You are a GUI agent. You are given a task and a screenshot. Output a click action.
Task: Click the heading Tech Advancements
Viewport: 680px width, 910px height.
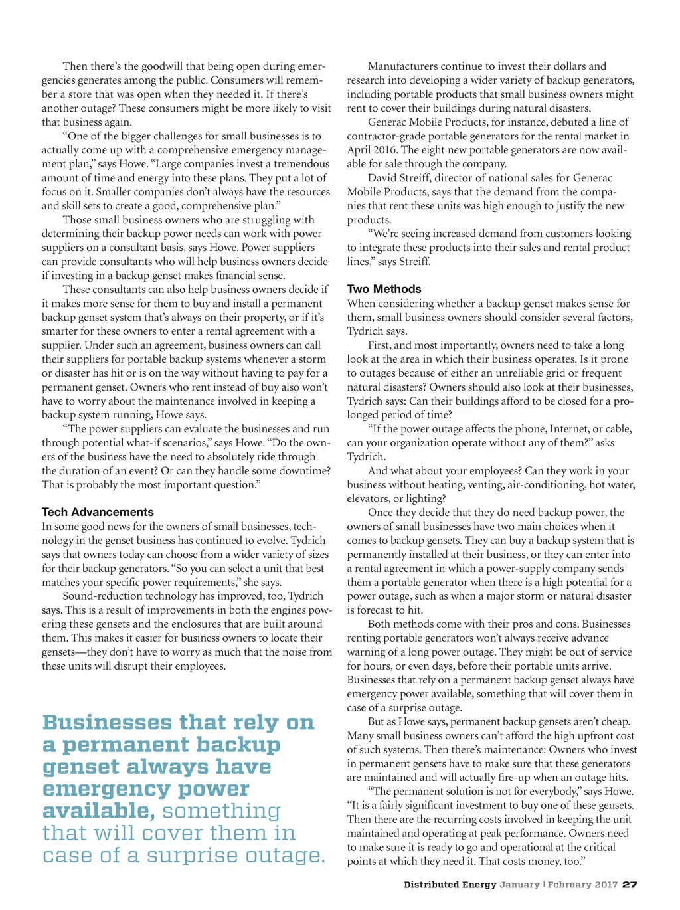pos(98,512)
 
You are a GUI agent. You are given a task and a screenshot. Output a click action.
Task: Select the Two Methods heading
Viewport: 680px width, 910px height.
pos(384,289)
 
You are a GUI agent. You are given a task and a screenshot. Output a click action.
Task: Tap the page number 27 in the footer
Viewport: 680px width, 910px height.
pos(630,885)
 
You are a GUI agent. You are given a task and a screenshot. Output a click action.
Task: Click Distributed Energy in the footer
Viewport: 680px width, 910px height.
pos(450,885)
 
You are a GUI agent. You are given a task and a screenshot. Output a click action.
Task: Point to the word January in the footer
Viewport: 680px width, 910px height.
pos(519,885)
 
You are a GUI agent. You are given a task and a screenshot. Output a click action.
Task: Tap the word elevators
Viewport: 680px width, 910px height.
pos(369,499)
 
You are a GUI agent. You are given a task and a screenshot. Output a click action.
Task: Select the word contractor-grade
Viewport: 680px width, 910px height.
pos(383,136)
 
